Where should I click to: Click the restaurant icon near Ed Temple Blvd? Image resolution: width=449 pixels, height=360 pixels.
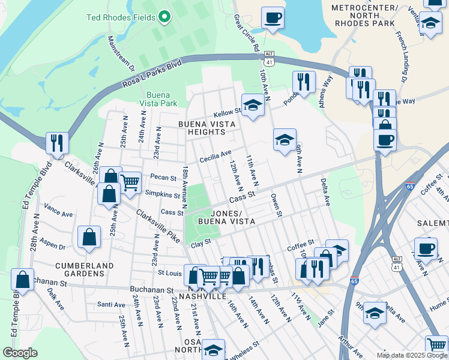coord(57,143)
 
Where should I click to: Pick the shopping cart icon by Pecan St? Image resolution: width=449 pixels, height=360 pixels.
coord(129,181)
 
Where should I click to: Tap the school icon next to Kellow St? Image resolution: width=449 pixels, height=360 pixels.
coord(253,106)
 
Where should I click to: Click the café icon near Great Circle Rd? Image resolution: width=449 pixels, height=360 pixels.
coord(273,17)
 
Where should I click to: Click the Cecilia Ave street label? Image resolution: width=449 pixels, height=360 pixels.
coord(215,154)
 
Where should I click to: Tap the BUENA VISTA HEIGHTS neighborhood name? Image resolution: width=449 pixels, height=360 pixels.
coord(209,128)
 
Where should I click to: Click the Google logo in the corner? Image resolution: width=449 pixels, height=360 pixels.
coord(20,353)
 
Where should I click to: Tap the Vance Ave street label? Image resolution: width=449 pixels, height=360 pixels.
coord(58,213)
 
